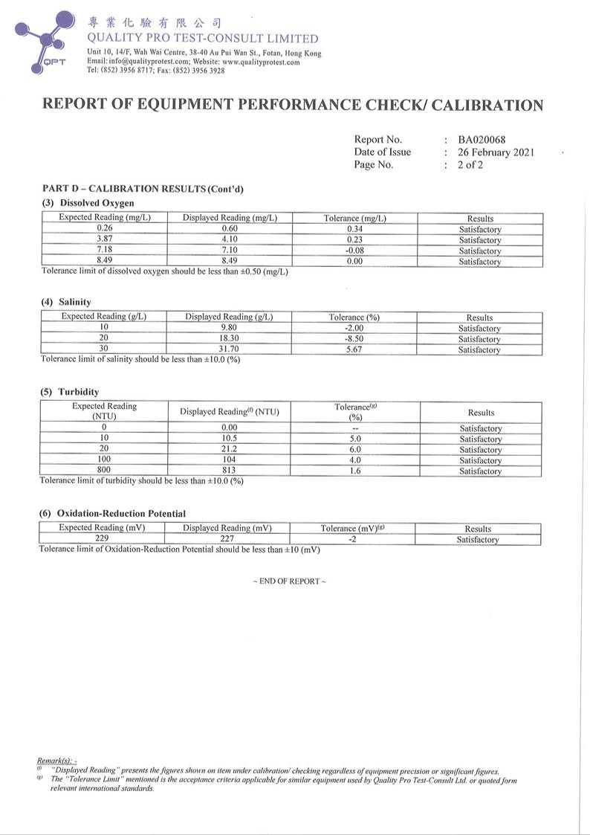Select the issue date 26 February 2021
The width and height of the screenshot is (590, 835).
(x=496, y=152)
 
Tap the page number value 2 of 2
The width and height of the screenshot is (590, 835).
(x=470, y=164)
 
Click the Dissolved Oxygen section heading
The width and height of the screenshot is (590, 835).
(x=88, y=202)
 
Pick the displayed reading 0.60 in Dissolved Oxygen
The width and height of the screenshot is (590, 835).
(x=230, y=229)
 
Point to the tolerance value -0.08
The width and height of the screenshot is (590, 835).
(x=354, y=251)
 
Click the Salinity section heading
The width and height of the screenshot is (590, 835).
(x=66, y=302)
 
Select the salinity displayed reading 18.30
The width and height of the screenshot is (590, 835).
(x=229, y=338)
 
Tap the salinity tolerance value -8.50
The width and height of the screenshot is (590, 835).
(x=354, y=338)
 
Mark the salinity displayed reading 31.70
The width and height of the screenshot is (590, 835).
(x=229, y=349)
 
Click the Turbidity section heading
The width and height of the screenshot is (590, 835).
(x=70, y=392)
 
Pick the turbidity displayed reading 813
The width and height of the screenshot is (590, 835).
(x=229, y=471)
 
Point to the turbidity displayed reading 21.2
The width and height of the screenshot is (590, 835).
(x=229, y=449)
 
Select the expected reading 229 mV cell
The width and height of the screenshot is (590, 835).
(x=103, y=539)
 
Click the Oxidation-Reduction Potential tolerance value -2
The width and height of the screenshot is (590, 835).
(x=352, y=539)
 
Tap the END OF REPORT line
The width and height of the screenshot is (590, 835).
(x=289, y=581)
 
